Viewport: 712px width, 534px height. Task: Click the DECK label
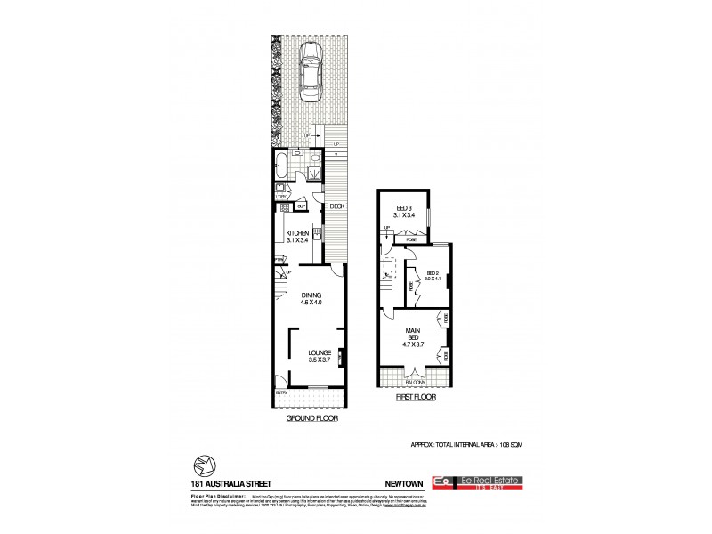pos(336,206)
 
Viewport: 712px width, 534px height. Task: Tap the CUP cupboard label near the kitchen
pos(302,206)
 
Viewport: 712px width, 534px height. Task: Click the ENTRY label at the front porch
pos(281,392)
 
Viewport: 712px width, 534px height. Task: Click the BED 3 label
pos(404,206)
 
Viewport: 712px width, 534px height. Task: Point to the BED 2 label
pos(433,273)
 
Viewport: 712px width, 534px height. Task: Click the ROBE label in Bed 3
pos(410,239)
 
